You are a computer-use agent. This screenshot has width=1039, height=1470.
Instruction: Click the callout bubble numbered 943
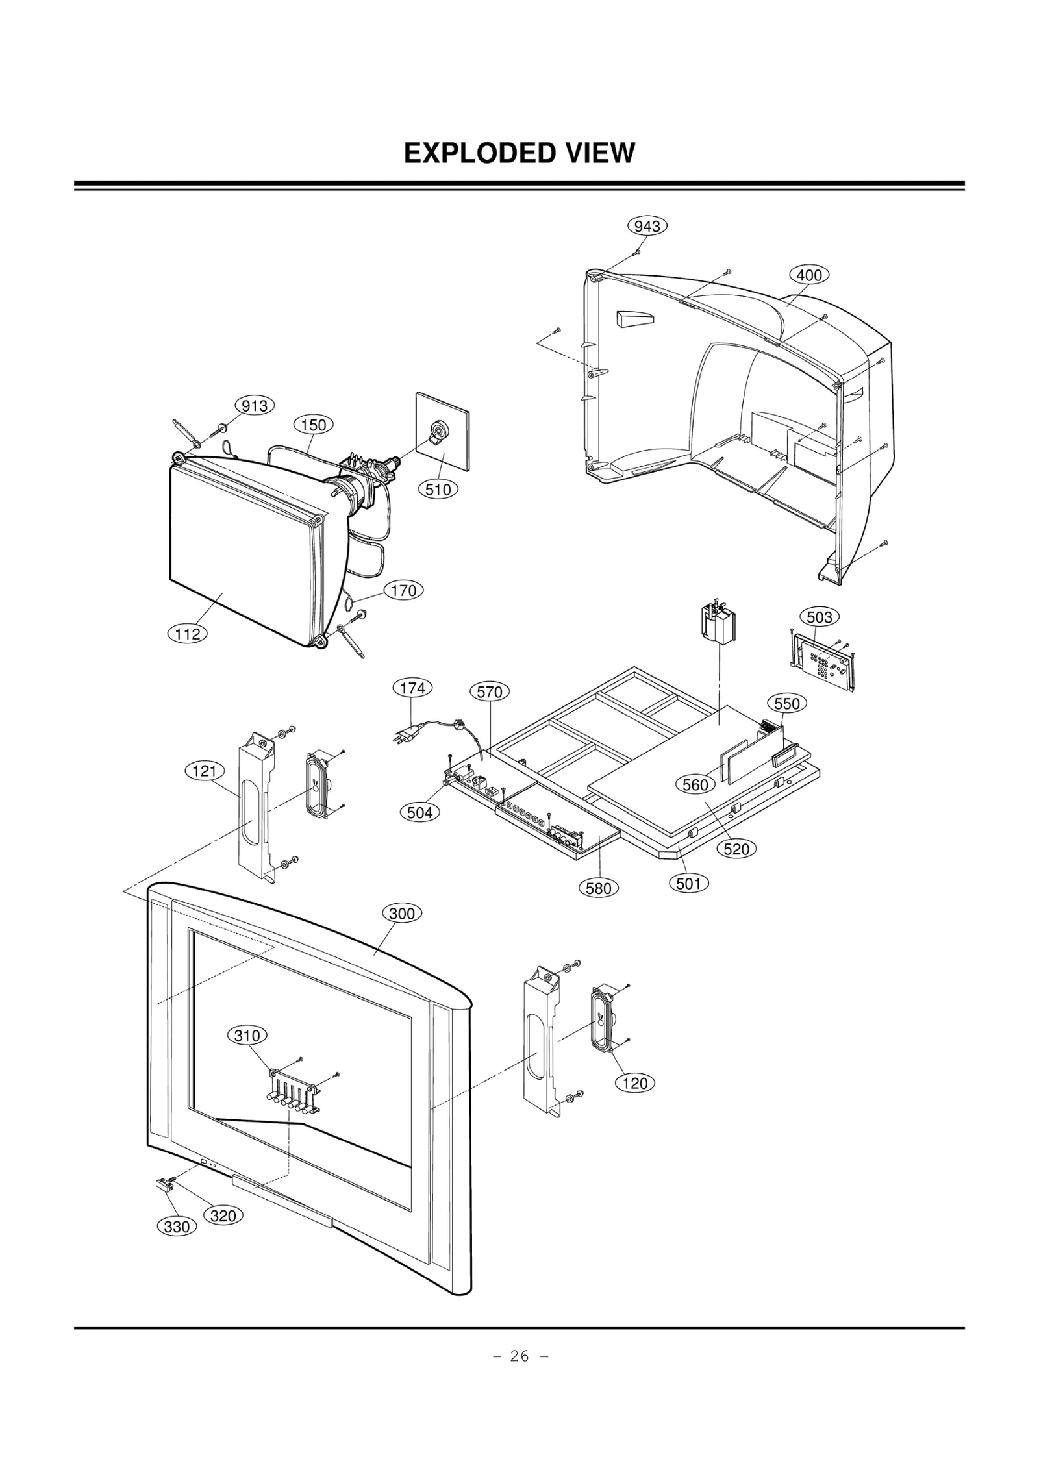[647, 226]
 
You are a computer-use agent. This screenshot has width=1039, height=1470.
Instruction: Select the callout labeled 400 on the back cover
[808, 275]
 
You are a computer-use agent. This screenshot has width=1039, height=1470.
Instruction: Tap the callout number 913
[254, 406]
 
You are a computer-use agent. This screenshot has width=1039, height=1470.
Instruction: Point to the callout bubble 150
[313, 425]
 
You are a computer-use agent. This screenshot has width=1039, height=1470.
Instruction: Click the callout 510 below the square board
[438, 490]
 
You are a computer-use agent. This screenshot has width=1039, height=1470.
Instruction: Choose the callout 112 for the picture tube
[188, 634]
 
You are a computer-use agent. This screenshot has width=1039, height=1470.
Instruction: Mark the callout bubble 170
[403, 591]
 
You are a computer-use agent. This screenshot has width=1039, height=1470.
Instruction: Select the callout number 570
[489, 692]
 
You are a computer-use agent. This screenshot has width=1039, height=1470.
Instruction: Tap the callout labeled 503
[819, 617]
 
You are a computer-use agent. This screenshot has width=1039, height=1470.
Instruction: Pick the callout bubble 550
[786, 704]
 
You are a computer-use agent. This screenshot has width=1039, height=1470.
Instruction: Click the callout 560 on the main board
[695, 785]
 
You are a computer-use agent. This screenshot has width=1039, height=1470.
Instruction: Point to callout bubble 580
[598, 888]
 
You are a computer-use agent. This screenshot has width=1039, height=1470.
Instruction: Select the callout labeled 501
[688, 883]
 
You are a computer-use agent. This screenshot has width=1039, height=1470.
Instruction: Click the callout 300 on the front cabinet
[401, 914]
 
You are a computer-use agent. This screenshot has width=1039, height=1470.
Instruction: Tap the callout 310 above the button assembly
[247, 1036]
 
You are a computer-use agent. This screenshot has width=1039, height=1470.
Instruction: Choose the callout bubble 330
[176, 1227]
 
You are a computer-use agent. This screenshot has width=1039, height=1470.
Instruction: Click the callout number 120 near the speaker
[634, 1083]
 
